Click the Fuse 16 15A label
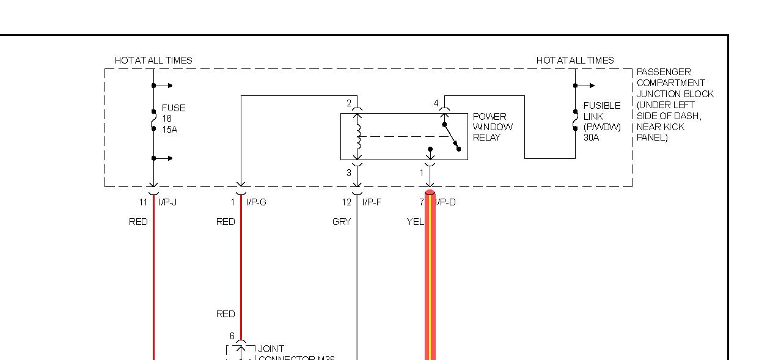click(x=173, y=119)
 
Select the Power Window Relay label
click(x=493, y=127)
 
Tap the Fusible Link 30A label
click(x=601, y=121)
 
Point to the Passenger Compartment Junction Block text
click(x=675, y=105)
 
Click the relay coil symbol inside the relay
click(x=359, y=136)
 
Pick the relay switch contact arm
click(x=452, y=136)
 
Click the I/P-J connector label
click(x=167, y=202)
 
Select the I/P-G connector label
click(x=257, y=202)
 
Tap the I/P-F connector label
click(x=372, y=202)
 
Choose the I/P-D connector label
click(x=446, y=202)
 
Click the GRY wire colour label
click(x=342, y=222)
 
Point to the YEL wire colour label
click(x=416, y=222)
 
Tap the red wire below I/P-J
click(x=153, y=275)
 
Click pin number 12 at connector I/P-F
click(x=346, y=202)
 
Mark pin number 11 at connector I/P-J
click(x=143, y=202)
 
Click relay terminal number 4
click(x=436, y=103)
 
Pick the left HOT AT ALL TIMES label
click(x=153, y=61)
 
